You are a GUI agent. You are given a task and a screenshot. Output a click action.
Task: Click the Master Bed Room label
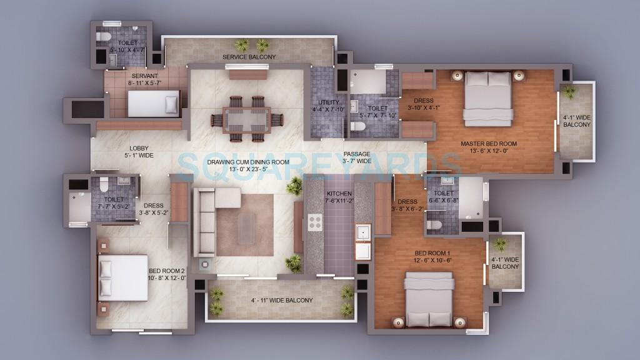coord(488,144)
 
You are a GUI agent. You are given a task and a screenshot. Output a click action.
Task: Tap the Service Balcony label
coord(249,57)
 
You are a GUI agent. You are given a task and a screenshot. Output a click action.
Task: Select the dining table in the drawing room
coord(246,118)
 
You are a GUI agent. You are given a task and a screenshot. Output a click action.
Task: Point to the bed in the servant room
coord(153,104)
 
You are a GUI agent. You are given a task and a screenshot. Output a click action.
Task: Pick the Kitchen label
coord(339,194)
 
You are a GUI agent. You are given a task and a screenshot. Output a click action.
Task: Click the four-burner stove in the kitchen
coord(314,223)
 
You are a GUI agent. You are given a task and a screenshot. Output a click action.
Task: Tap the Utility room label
coord(328,102)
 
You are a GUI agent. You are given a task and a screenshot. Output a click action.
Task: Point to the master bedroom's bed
coord(488,97)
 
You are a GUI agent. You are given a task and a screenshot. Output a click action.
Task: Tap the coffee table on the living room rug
coord(246,228)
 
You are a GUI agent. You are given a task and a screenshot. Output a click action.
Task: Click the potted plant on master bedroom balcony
coord(569,92)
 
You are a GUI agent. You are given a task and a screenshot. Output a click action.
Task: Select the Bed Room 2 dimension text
coord(167,278)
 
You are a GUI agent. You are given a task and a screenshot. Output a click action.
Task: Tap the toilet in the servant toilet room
coord(104,37)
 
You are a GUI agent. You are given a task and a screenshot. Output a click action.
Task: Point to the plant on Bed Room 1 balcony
coord(500,244)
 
